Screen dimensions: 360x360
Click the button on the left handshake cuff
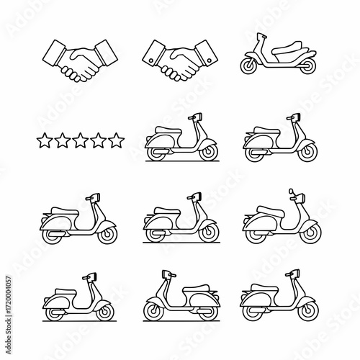point(151,60)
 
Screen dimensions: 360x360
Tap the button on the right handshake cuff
point(209,60)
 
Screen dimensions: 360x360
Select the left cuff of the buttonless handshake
point(55,54)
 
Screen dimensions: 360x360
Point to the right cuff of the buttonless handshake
point(106,53)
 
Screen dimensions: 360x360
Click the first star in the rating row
point(45,140)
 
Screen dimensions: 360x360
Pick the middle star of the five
point(81,140)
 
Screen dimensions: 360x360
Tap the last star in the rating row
point(116,140)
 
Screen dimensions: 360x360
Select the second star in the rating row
point(63,140)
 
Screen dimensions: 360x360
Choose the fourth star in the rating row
point(99,140)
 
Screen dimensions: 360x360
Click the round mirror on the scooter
point(292,192)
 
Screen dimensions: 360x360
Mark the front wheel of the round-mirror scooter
point(310,233)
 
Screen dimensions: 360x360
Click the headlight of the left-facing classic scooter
point(166,274)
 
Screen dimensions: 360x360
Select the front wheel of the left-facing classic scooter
point(153,311)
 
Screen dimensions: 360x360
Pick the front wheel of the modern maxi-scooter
point(250,66)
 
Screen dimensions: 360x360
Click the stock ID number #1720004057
point(9,297)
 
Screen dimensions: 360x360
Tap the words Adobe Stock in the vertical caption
point(9,338)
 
